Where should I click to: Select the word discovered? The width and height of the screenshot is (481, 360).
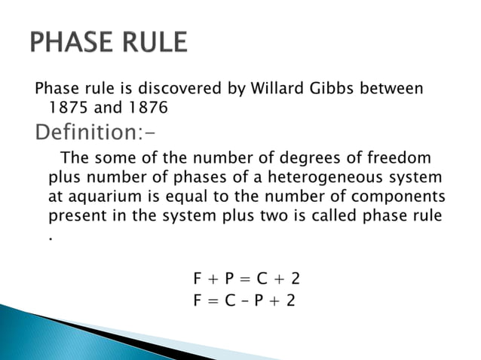pos(178,89)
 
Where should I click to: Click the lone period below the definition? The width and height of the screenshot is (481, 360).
pos(51,236)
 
